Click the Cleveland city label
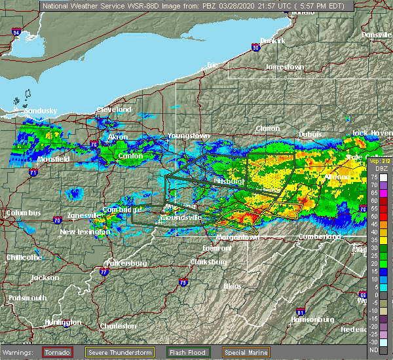pos(115,109)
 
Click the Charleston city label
pos(118,326)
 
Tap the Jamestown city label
pos(284,67)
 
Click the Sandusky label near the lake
pos(41,111)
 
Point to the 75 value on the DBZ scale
pos(374,177)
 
